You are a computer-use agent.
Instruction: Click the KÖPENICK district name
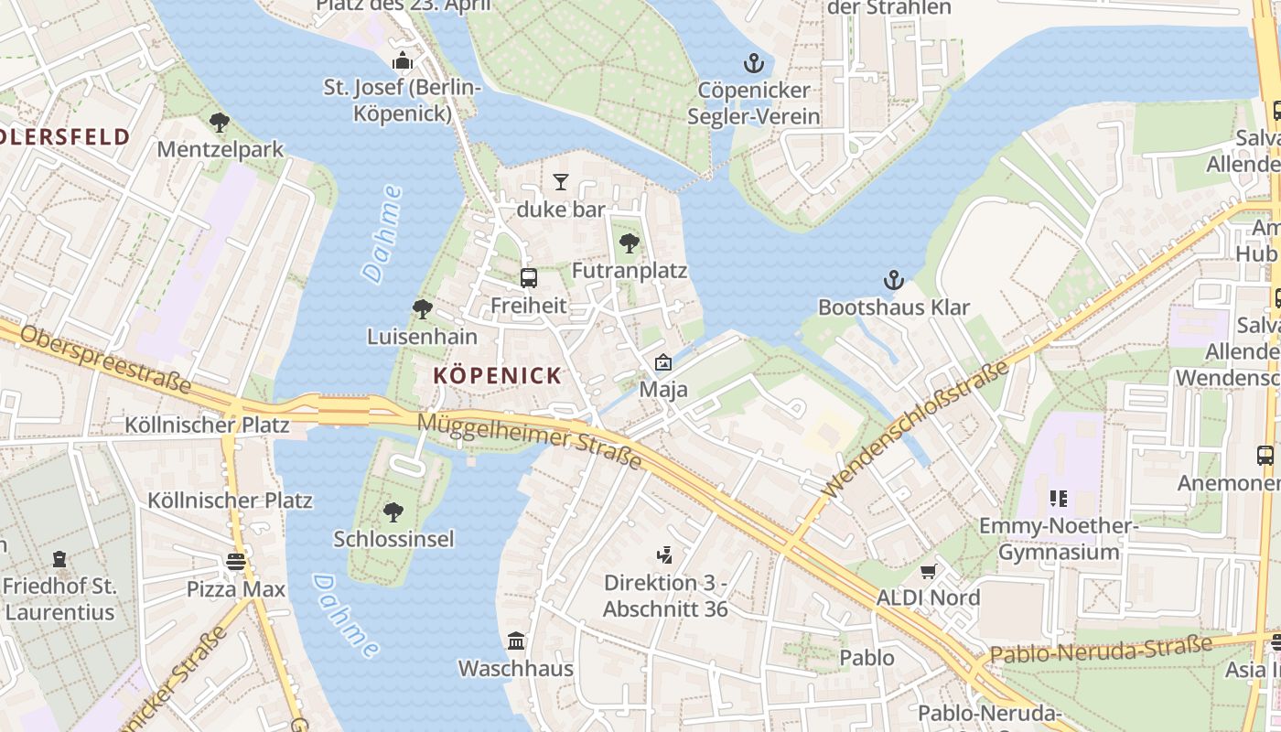497,375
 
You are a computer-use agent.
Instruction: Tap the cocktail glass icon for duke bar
561,182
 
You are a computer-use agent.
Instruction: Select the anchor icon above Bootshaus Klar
893,280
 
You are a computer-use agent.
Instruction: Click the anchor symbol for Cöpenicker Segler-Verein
753,63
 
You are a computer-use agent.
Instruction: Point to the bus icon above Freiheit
528,277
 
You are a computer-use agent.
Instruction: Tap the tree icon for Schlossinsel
393,511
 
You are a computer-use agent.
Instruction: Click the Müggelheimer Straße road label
530,439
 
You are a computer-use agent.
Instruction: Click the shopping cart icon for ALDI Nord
928,571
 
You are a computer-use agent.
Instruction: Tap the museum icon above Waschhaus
516,640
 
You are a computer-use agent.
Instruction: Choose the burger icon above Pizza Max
236,562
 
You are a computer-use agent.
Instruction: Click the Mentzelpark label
220,148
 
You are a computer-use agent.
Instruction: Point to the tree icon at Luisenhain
422,309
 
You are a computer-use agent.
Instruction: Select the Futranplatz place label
629,271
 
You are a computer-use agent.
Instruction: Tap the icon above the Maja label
662,363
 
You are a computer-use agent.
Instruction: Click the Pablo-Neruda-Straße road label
1101,651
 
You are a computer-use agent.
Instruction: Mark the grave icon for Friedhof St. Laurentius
59,558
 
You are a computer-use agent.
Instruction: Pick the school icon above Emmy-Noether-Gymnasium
1058,499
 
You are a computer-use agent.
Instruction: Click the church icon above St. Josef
402,61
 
